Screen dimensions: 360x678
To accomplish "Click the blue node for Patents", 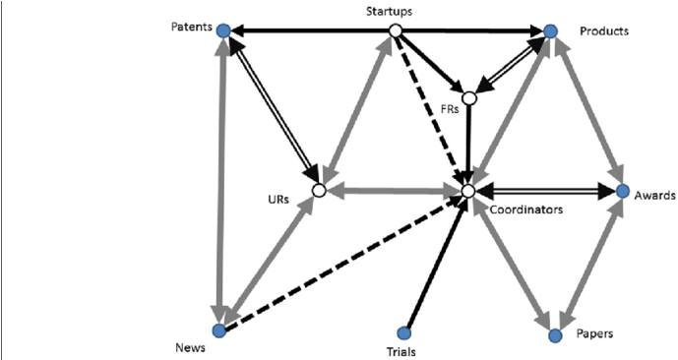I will (223, 31).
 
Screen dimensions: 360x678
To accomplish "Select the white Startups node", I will (395, 31).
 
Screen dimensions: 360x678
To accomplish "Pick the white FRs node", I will (469, 97).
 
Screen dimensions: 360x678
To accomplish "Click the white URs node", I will (318, 191).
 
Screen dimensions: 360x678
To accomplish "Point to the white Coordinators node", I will (468, 190).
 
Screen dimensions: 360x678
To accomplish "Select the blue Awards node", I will (622, 191).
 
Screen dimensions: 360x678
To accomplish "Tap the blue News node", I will (219, 330).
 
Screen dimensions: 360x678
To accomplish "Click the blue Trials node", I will (402, 332).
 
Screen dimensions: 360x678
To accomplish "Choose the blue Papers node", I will (555, 334).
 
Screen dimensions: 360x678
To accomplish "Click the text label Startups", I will (393, 12).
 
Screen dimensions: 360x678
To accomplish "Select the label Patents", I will (192, 27).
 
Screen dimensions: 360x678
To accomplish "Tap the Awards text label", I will (653, 195).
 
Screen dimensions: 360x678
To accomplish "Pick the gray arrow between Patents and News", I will (222, 177).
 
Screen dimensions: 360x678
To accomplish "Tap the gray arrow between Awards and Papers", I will (590, 261).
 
